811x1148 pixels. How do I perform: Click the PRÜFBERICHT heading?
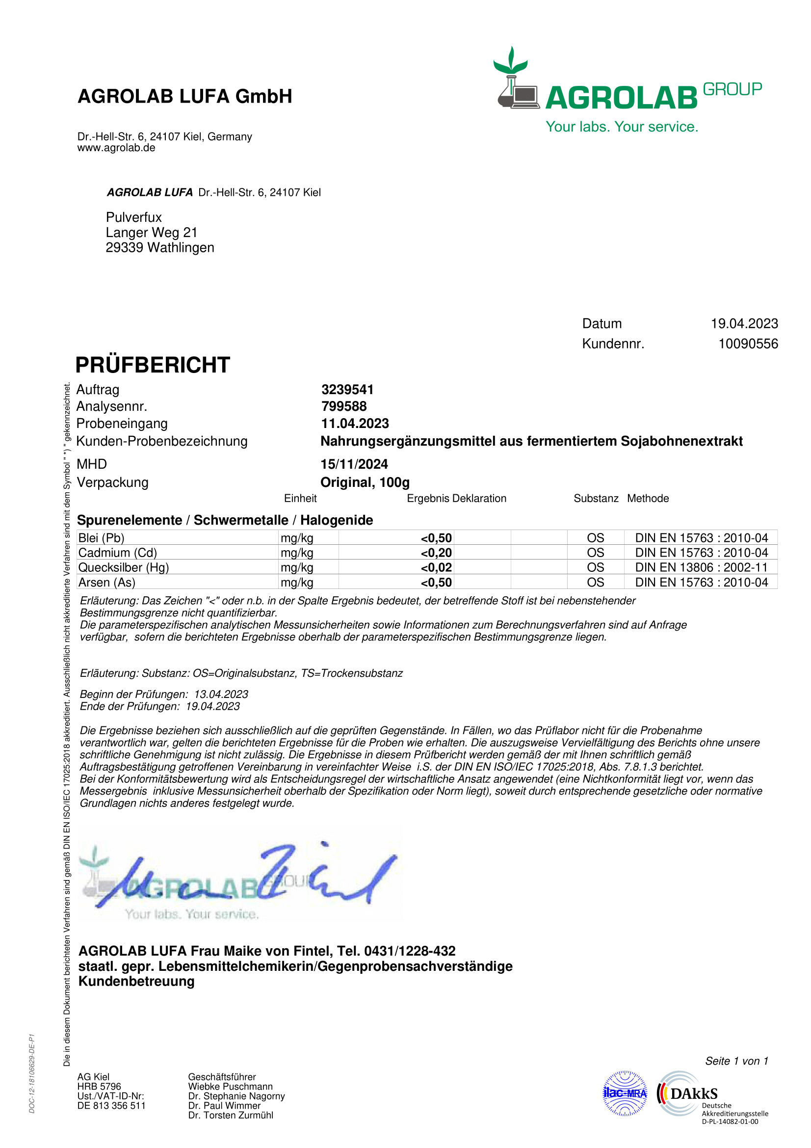tap(153, 365)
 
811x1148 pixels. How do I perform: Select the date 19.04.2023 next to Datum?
tap(744, 323)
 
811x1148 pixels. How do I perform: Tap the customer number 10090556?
tap(748, 344)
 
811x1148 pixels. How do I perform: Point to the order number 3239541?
tap(347, 390)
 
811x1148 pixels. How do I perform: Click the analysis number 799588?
tap(344, 406)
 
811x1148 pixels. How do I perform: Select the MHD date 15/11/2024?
tap(354, 464)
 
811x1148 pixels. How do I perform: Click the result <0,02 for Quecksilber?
tap(436, 567)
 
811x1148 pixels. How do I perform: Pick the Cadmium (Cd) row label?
tap(117, 553)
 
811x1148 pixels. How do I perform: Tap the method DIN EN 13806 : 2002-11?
tap(701, 567)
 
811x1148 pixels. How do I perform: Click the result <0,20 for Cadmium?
tap(436, 553)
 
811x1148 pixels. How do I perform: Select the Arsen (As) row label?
tap(106, 582)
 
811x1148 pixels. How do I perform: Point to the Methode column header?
tap(648, 498)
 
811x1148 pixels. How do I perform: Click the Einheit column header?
tap(300, 498)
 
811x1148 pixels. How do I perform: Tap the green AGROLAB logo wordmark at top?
tap(621, 98)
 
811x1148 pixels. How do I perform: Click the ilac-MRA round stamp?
tap(625, 1093)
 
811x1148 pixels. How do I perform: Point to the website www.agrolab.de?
tap(116, 148)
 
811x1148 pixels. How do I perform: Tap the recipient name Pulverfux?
tap(133, 217)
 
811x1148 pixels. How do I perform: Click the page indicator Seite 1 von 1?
tap(736, 1061)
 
